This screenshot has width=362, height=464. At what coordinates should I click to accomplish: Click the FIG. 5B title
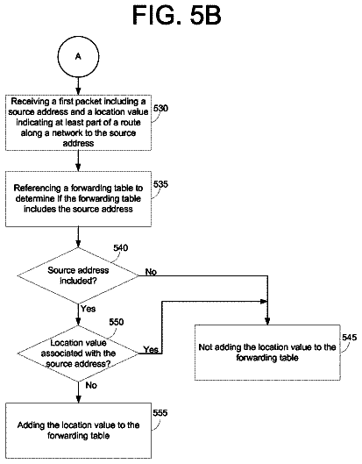pyautogui.click(x=176, y=15)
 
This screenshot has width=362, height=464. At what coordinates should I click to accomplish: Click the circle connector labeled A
pyautogui.click(x=78, y=56)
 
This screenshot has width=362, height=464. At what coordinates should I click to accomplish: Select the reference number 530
pyautogui.click(x=160, y=108)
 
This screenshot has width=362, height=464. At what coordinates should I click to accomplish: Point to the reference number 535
pyautogui.click(x=160, y=184)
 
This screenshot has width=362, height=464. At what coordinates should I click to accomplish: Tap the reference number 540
pyautogui.click(x=121, y=247)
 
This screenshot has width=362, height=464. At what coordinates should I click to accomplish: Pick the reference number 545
pyautogui.click(x=350, y=338)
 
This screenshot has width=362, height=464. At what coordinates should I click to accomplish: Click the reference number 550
pyautogui.click(x=117, y=322)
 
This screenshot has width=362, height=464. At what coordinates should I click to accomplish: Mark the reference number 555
pyautogui.click(x=160, y=413)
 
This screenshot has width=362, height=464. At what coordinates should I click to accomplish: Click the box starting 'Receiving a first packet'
pyautogui.click(x=78, y=123)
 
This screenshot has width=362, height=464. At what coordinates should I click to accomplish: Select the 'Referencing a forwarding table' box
pyautogui.click(x=78, y=199)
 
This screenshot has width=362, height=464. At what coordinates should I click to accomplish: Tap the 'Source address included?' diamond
pyautogui.click(x=78, y=275)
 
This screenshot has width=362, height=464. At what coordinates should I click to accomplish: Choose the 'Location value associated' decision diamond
pyautogui.click(x=78, y=353)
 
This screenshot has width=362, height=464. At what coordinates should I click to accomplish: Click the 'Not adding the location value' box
pyautogui.click(x=267, y=353)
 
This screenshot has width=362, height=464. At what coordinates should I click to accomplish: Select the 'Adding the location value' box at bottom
pyautogui.click(x=78, y=431)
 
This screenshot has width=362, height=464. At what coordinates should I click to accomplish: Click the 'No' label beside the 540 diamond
pyautogui.click(x=151, y=272)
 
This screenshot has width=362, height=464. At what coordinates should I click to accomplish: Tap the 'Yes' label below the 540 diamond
pyautogui.click(x=89, y=309)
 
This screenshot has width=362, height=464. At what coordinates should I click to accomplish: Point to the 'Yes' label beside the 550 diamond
pyautogui.click(x=151, y=350)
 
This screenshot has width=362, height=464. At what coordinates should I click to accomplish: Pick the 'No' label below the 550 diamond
pyautogui.click(x=91, y=385)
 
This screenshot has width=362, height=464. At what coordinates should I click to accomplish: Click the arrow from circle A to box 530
pyautogui.click(x=78, y=86)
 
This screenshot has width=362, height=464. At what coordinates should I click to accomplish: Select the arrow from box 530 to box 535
pyautogui.click(x=78, y=161)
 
